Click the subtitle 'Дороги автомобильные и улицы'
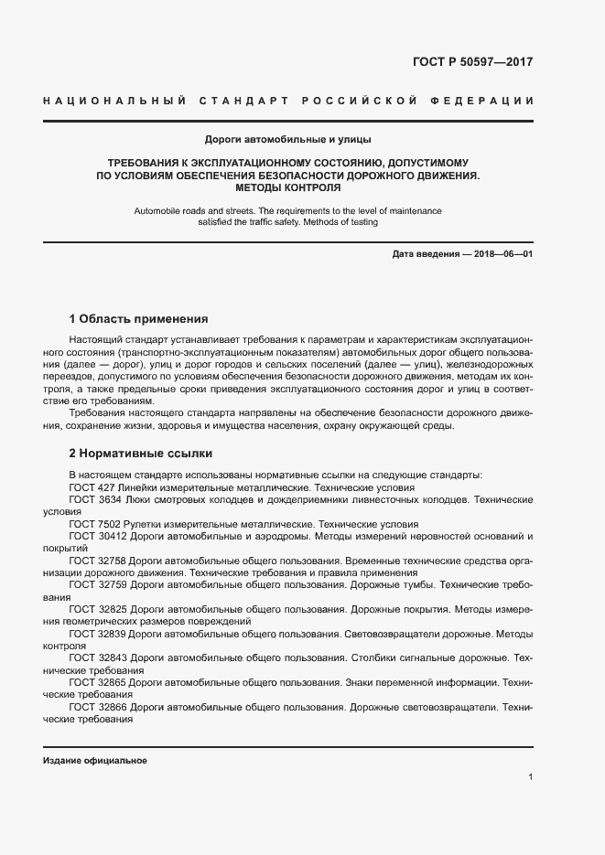tap(288, 139)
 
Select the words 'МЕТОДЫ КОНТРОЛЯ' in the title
tap(288, 188)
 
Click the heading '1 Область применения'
tap(139, 319)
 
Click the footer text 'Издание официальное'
tap(95, 760)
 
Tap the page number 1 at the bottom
tap(531, 777)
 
